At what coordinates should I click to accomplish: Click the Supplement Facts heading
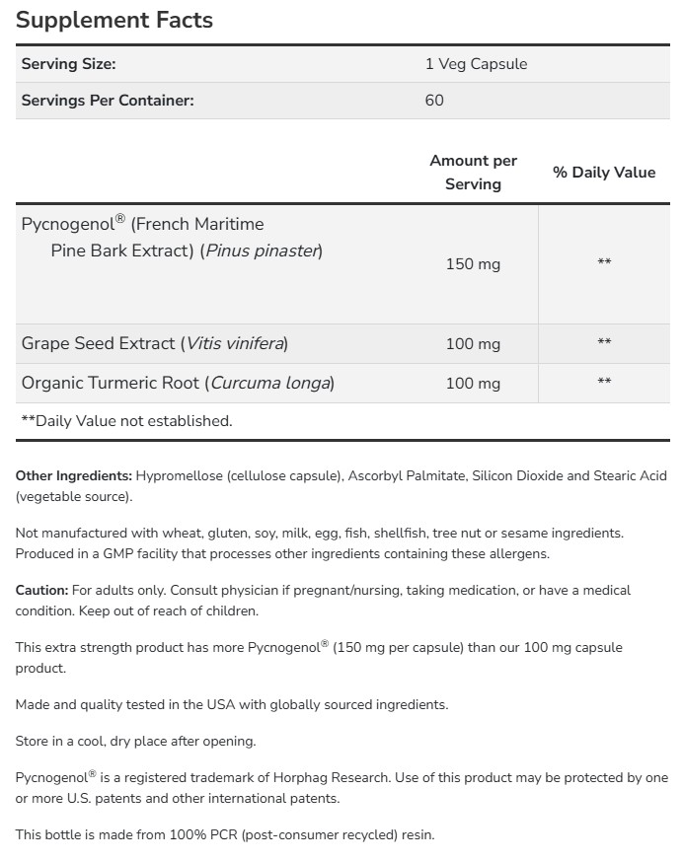coord(114,20)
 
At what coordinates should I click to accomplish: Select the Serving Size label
coord(68,64)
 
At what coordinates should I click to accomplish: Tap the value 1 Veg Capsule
coord(476,64)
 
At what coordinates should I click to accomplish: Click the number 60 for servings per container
coord(434,101)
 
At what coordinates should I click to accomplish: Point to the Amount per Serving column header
coord(473,173)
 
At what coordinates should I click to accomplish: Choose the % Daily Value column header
coord(604,173)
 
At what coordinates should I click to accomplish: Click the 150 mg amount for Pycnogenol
coord(473,264)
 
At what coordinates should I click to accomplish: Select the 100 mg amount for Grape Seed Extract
coord(473,344)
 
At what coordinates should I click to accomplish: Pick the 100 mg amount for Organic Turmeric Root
coord(473,383)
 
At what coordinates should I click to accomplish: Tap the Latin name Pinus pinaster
coord(262,251)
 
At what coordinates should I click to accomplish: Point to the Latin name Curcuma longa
coord(270,383)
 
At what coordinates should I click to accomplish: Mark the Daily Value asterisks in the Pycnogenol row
coord(604,262)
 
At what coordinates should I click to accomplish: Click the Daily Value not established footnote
coord(126,421)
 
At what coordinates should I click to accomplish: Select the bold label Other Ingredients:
coord(74,476)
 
